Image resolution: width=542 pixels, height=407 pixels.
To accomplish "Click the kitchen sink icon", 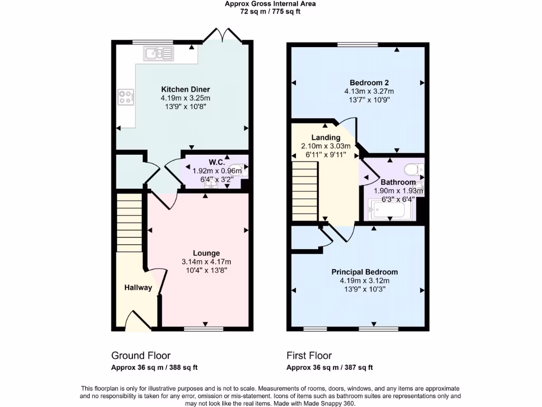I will [x=158, y=53].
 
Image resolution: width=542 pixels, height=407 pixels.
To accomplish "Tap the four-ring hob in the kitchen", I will [x=125, y=97].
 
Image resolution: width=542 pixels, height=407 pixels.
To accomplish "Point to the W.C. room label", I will [x=216, y=162].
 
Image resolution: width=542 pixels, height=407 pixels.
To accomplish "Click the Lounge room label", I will [x=206, y=253].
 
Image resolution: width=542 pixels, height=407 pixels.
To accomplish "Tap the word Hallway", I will [x=138, y=288].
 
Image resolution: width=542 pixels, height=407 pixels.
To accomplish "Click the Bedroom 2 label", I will [x=369, y=83].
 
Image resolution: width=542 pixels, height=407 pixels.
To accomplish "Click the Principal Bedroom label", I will [x=365, y=272].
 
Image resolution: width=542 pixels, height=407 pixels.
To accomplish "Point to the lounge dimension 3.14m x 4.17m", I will [x=206, y=262].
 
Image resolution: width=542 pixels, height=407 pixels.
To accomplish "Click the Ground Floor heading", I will [x=141, y=356].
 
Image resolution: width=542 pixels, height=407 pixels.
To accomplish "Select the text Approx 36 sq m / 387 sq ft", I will [x=329, y=367].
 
